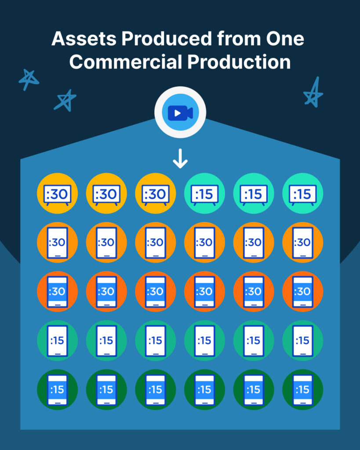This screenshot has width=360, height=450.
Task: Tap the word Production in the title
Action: pos(239,62)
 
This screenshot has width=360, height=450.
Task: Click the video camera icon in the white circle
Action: pos(180,113)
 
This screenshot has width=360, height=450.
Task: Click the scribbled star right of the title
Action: pos(313,93)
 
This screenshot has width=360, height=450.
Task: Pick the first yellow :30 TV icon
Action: pos(58,194)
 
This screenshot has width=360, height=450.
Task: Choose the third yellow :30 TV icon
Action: pos(156,194)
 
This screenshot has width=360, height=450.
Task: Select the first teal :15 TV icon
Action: pos(204,194)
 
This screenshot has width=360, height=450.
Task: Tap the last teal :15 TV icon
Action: pos(303,194)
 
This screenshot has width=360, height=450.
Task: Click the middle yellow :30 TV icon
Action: pos(106,194)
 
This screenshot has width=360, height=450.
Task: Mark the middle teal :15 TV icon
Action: pos(254,194)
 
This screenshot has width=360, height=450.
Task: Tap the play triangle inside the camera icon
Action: pos(177,113)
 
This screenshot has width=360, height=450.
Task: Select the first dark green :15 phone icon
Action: pos(58,390)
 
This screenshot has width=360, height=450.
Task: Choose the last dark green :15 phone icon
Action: pos(303,390)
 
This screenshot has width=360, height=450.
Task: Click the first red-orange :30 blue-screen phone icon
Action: pos(58,291)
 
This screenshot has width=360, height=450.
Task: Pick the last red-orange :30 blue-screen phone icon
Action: pos(303,291)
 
